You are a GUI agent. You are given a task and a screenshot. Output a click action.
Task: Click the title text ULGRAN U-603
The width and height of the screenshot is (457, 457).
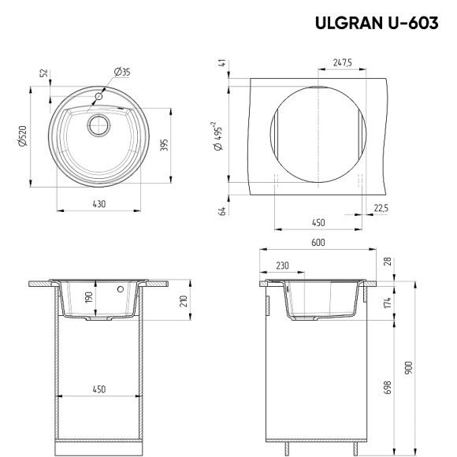pyautogui.click(x=377, y=23)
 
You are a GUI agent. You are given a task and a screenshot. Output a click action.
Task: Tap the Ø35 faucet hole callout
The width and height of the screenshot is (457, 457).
pyautogui.click(x=122, y=72)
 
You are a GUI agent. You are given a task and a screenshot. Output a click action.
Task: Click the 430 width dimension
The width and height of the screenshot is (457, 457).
pyautogui.click(x=98, y=204)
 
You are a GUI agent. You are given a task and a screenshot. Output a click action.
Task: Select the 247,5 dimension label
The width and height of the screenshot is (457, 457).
pyautogui.click(x=341, y=61)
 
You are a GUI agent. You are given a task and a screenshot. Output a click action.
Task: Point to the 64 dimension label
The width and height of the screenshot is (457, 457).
pyautogui.click(x=223, y=210)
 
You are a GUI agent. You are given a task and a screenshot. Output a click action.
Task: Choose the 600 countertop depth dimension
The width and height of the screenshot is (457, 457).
pyautogui.click(x=318, y=243)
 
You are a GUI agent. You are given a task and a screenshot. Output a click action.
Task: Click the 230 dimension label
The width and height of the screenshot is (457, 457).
pyautogui.click(x=282, y=266)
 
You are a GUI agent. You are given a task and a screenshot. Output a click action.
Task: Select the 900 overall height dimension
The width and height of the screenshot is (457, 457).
pyautogui.click(x=408, y=367)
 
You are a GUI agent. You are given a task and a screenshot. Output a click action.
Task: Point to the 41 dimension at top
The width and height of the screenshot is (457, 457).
pyautogui.click(x=223, y=63)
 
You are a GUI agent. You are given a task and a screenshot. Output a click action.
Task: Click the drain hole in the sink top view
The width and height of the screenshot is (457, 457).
pyautogui.click(x=98, y=124)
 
